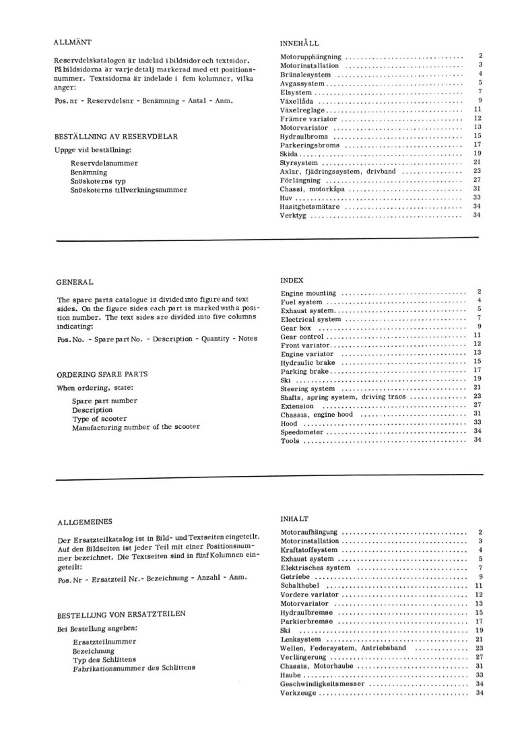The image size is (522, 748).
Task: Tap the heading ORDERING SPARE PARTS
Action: (102, 374)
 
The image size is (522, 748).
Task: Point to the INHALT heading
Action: (294, 520)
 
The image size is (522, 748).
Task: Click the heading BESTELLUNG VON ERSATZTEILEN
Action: (118, 614)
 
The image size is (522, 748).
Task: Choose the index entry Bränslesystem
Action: (305, 75)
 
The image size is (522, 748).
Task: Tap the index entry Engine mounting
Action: (309, 294)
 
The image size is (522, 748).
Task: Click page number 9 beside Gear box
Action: (478, 327)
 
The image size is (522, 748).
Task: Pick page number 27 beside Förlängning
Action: (476, 180)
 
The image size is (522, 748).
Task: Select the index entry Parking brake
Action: (305, 371)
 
